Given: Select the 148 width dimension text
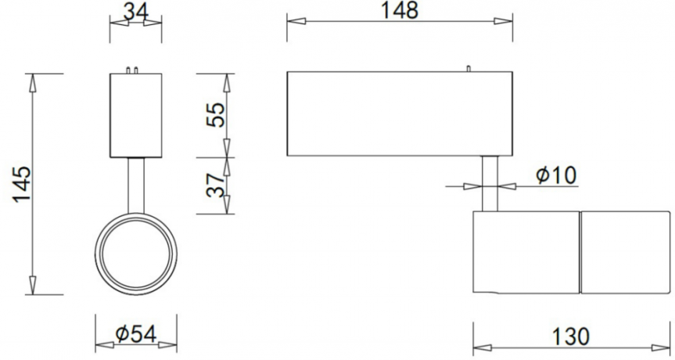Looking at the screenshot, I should point(400,10).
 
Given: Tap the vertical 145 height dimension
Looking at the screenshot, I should point(21,184).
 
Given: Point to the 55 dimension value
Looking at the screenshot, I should point(214,114).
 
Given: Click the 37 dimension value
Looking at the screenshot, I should point(214,185).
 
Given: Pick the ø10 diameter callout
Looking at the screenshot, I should point(556,176).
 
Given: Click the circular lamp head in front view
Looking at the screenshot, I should point(136,252).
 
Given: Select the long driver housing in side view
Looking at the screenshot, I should point(399,114).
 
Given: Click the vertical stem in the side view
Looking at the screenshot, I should point(490,183).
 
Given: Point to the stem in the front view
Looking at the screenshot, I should point(136,185).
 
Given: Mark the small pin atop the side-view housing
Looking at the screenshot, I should point(468,69).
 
